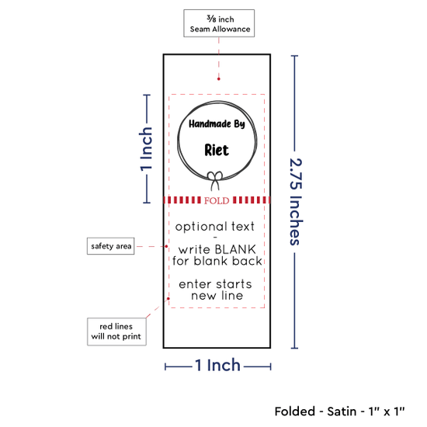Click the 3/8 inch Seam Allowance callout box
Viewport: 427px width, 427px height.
pos(219,23)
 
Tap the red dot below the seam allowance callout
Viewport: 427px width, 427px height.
pos(219,79)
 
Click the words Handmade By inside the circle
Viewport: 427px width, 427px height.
pos(217,124)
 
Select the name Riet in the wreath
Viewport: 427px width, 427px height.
pos(217,150)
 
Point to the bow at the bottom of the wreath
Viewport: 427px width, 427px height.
pos(215,181)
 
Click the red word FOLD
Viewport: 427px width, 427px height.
pos(217,201)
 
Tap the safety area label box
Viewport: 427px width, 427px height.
pos(110,246)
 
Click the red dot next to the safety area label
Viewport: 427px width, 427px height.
pos(166,246)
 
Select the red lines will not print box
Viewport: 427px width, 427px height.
pos(116,332)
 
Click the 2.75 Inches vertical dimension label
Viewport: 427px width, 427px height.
pos(296,202)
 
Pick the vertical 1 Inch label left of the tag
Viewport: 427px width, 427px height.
pos(146,149)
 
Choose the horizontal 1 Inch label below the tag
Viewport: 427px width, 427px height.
pos(217,365)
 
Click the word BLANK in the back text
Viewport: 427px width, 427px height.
pos(235,249)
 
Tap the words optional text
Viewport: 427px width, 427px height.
pos(215,227)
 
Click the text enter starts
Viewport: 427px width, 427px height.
pos(215,284)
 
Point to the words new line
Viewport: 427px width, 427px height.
pos(217,296)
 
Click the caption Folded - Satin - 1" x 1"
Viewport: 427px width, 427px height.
pos(339,411)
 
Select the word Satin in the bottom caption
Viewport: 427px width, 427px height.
pos(342,411)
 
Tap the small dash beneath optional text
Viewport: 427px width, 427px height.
pos(215,238)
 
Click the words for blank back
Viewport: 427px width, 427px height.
pos(217,261)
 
